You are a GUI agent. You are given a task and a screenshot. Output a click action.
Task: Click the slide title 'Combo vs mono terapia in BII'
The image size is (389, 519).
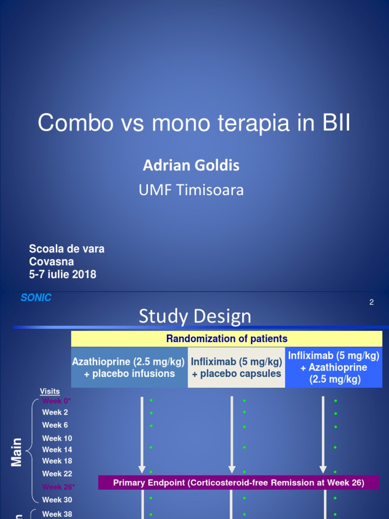point(194,123)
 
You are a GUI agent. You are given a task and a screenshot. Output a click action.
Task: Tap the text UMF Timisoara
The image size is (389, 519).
point(191,190)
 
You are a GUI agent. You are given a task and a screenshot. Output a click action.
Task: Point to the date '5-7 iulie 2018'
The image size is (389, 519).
point(63,275)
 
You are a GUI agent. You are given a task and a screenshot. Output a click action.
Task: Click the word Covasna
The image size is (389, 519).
point(52,262)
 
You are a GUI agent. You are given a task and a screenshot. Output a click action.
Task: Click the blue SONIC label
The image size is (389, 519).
point(36,298)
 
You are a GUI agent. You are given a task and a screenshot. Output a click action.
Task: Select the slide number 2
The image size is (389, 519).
point(371,303)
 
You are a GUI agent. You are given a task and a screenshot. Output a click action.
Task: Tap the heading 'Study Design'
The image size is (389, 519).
point(195,316)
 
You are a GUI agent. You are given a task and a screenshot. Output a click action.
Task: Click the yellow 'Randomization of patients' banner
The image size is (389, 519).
point(226,339)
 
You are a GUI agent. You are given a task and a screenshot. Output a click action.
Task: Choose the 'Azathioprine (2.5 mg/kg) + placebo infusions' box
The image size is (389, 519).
point(130,368)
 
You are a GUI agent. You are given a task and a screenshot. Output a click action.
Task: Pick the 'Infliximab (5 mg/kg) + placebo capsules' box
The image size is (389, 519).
point(237,368)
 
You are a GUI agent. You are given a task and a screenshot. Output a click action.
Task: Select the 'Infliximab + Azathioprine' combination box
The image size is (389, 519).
point(334,367)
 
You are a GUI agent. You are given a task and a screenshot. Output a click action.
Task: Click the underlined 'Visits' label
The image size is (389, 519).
point(50,391)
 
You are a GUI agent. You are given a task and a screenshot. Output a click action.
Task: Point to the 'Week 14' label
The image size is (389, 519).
point(57,450)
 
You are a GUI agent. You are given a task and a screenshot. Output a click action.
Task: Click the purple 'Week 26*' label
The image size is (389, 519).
point(57,487)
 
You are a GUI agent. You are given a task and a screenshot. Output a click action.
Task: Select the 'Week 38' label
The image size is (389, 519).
point(57,514)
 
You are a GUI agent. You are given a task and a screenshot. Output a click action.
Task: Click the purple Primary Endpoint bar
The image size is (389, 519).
point(239,483)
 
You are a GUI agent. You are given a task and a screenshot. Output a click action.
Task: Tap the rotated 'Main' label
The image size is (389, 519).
point(17,452)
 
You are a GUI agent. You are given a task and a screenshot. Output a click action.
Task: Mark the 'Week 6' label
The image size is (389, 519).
point(55,425)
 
